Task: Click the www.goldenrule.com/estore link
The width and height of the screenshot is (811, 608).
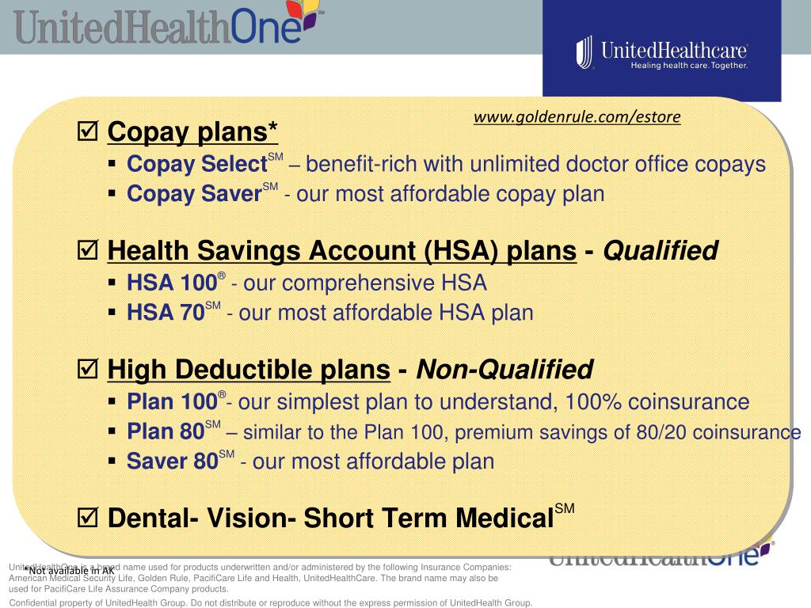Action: [x=577, y=117]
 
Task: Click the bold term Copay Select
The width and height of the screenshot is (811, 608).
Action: [x=196, y=165]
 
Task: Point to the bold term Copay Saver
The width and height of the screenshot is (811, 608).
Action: [x=194, y=194]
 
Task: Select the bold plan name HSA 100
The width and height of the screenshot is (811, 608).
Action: [x=172, y=283]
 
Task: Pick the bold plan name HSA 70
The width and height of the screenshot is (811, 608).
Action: [x=166, y=313]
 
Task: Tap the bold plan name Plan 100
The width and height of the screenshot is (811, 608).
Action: [x=172, y=402]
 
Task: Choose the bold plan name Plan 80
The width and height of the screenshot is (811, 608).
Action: [x=166, y=432]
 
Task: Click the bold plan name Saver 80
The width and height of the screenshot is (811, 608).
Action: [x=172, y=462]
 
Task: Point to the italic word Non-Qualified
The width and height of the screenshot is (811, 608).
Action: [x=504, y=370]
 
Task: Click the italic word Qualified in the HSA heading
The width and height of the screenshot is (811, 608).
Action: [x=661, y=252]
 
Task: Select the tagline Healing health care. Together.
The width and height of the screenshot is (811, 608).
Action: [x=688, y=66]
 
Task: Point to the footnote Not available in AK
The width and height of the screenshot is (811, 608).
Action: [x=69, y=570]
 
